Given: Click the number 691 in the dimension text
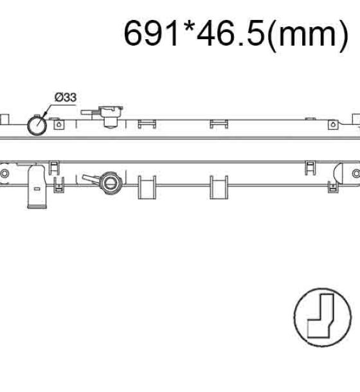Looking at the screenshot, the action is coord(151,33).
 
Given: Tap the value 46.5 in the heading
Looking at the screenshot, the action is coord(230,33).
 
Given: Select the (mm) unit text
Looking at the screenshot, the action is coord(308,35).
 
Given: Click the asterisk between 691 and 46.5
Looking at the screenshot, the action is coord(188,27).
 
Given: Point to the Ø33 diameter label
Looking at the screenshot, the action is coord(66,97).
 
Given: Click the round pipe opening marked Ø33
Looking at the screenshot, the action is coord(37,125).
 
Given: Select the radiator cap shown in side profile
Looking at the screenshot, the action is coord(111,116).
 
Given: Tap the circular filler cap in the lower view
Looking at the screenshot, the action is coord(110,183).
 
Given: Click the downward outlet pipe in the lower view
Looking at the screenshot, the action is coord(37,186).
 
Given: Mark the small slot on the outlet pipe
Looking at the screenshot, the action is coord(37,189).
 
